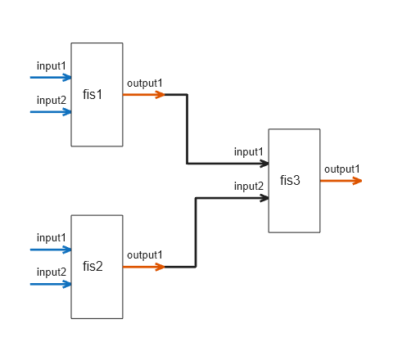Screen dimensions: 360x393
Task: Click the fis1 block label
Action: click(x=93, y=94)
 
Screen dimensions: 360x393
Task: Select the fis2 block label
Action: click(x=93, y=267)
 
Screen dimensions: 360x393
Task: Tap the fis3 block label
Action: click(x=291, y=180)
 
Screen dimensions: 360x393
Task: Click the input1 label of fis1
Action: click(x=52, y=65)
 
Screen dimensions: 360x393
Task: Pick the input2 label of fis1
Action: click(x=52, y=100)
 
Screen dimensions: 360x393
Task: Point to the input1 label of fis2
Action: click(x=52, y=237)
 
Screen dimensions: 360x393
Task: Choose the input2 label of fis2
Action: click(x=52, y=272)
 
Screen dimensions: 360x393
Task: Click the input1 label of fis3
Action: click(x=249, y=151)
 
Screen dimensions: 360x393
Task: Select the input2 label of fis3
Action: click(x=249, y=186)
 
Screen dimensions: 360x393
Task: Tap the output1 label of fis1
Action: click(x=145, y=83)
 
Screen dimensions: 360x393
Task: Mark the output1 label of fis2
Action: click(x=145, y=254)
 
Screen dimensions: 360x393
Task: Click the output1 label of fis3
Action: click(x=341, y=169)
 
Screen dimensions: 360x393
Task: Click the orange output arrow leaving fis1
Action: click(x=144, y=95)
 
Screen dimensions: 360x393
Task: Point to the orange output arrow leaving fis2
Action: click(x=144, y=267)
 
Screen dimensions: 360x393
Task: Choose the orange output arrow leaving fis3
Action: click(x=341, y=181)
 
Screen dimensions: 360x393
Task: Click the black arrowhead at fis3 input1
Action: click(x=264, y=164)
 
